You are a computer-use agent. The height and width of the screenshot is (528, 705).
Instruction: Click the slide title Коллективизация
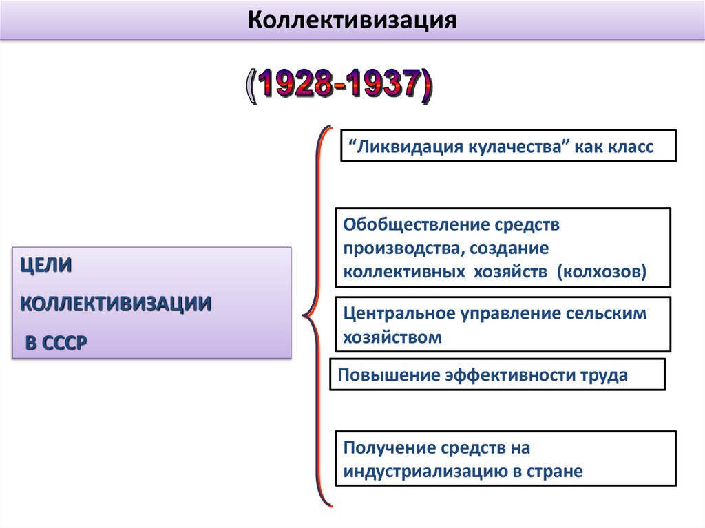[352, 19]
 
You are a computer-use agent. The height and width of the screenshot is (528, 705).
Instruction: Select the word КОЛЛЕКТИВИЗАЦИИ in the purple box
[116, 304]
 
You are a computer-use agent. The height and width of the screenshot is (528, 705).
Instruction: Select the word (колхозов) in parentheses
[602, 272]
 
